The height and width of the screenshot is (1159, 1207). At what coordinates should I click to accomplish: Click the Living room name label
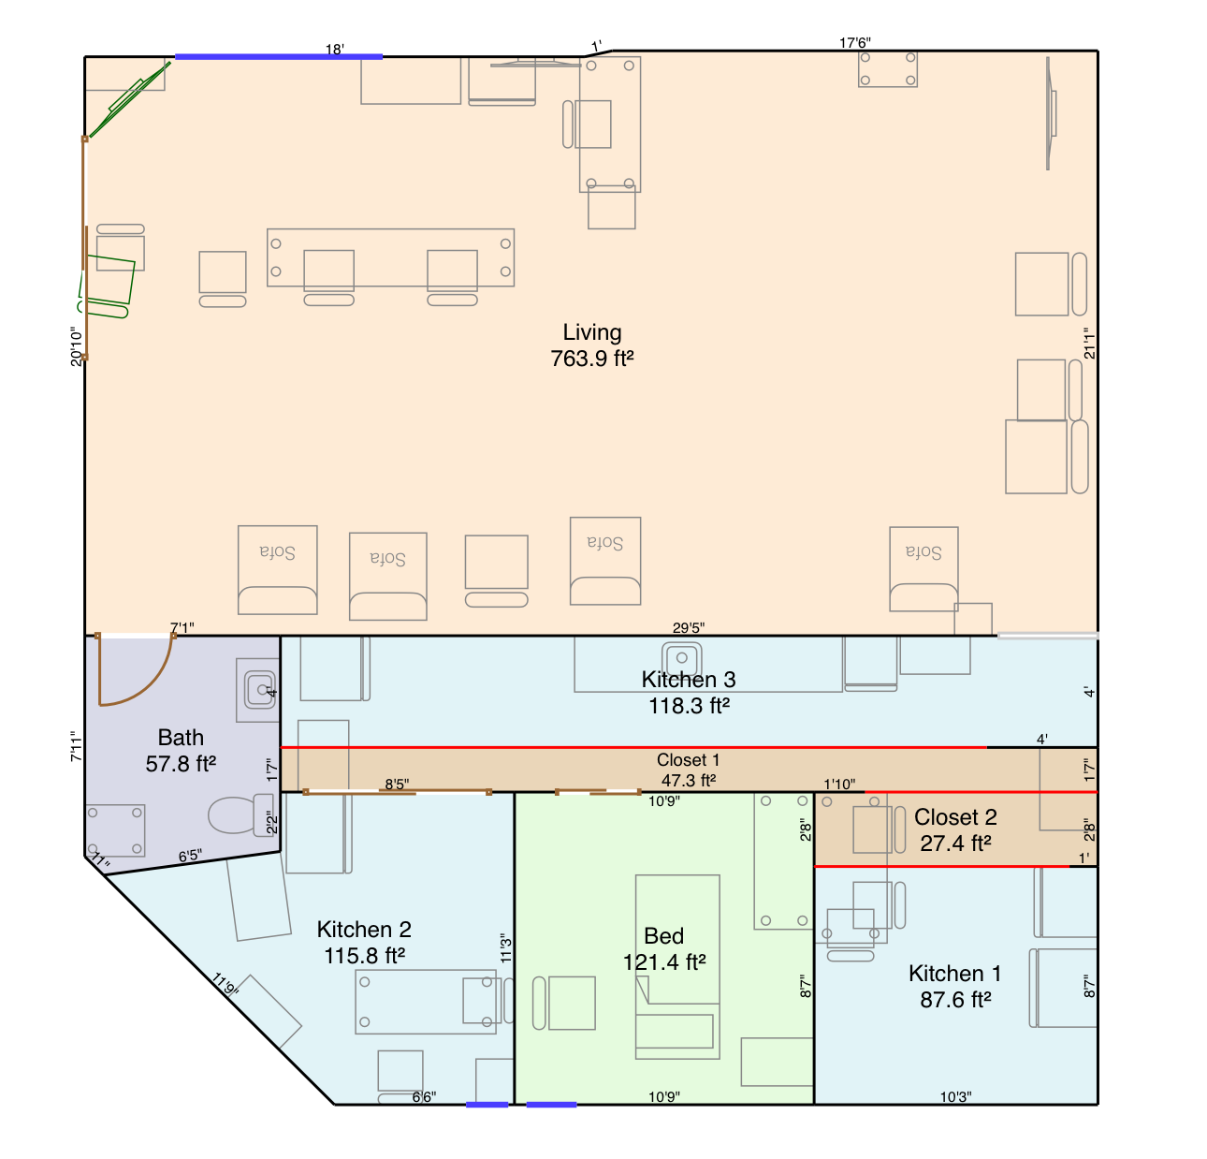pyautogui.click(x=591, y=332)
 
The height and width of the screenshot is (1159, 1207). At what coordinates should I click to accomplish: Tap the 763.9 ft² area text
pyautogui.click(x=591, y=359)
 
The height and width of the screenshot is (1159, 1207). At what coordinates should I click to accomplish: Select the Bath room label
pyautogui.click(x=181, y=737)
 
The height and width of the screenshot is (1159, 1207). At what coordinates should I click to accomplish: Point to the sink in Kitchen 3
pyautogui.click(x=682, y=658)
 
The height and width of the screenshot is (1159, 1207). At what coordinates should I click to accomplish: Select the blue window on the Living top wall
pyautogui.click(x=279, y=56)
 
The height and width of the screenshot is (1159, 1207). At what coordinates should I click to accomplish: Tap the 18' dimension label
pyautogui.click(x=335, y=49)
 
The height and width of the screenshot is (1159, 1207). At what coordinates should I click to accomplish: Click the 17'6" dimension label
pyautogui.click(x=854, y=42)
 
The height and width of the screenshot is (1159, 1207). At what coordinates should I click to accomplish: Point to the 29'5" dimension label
pyautogui.click(x=689, y=627)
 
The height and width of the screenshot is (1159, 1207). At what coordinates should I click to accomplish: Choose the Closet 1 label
pyautogui.click(x=688, y=760)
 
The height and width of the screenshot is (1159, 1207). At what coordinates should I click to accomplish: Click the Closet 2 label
pyautogui.click(x=955, y=817)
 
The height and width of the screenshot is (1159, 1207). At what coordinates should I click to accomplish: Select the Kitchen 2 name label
pyautogui.click(x=364, y=929)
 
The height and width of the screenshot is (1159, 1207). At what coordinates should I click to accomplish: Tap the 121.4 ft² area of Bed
pyautogui.click(x=664, y=961)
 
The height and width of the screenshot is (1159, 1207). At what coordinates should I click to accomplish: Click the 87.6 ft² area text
pyautogui.click(x=955, y=1000)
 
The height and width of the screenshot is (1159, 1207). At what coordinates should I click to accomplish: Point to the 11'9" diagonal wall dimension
pyautogui.click(x=225, y=984)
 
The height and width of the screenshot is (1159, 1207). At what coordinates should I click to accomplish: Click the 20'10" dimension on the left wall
pyautogui.click(x=77, y=346)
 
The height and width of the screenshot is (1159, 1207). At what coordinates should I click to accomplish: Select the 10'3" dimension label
pyautogui.click(x=955, y=1097)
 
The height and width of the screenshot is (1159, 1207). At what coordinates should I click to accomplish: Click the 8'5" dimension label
pyautogui.click(x=397, y=784)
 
